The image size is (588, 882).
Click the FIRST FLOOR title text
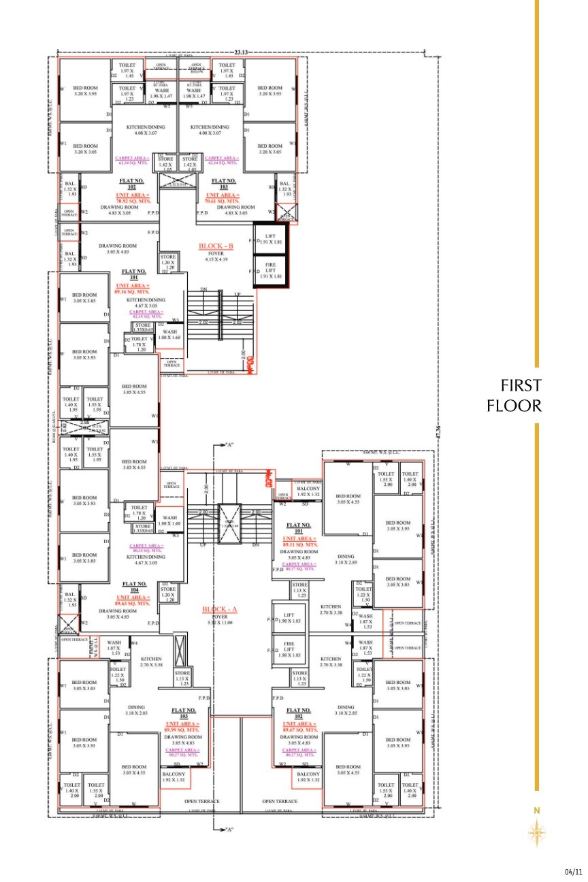(x=514, y=395)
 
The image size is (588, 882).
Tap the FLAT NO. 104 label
(x=133, y=584)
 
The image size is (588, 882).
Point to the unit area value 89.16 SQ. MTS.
(x=133, y=289)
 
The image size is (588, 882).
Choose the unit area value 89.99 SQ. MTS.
(x=183, y=727)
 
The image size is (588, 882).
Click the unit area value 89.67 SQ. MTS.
(x=299, y=727)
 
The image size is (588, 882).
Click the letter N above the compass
(x=537, y=811)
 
